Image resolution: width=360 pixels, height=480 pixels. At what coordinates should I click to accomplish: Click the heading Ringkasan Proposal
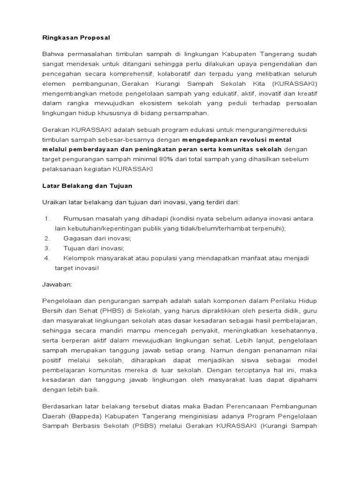73,37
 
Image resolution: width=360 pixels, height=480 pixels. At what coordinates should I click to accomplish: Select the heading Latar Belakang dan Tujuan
87,186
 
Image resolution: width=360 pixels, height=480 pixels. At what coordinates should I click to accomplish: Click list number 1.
47,219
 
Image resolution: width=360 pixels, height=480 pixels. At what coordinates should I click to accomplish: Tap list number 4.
47,258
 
